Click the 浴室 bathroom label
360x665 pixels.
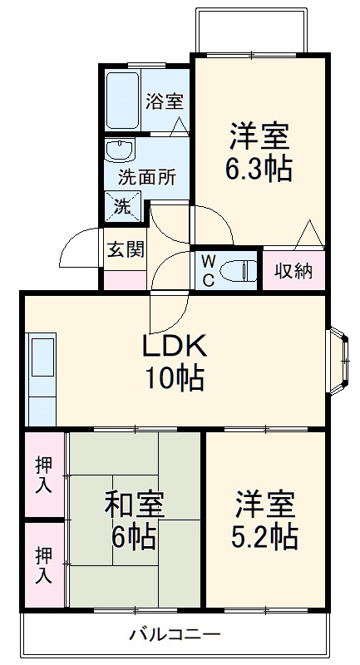[x=164, y=101]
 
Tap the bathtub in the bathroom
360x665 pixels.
[x=122, y=99]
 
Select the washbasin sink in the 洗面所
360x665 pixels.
[x=120, y=150]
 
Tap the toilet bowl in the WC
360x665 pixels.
[x=241, y=270]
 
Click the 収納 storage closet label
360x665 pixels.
[x=293, y=270]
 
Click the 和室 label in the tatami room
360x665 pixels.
[x=134, y=505]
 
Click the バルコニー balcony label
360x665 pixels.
[x=175, y=635]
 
